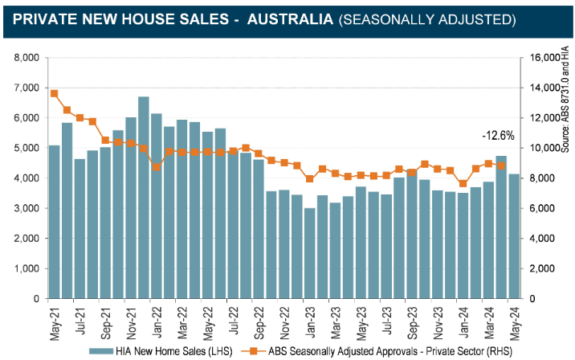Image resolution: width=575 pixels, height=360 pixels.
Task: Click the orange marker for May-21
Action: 54,93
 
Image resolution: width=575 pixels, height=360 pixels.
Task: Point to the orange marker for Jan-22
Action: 156,166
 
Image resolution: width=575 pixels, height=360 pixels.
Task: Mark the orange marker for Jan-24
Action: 462,184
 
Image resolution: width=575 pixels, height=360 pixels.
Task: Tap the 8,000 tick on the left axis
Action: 27,58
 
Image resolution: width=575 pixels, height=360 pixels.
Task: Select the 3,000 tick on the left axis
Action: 27,208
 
